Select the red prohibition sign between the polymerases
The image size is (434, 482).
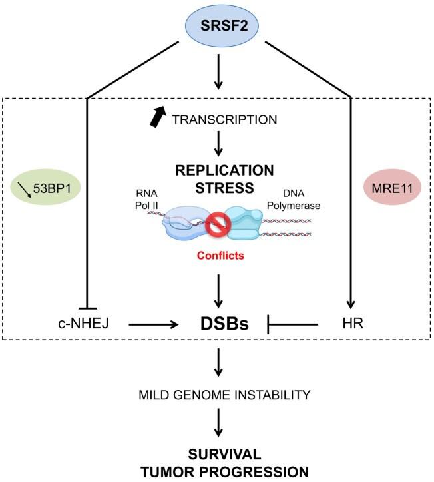216,224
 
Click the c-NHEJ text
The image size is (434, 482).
83,324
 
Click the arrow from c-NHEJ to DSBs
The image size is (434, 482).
153,325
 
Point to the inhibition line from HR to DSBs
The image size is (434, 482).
296,325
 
